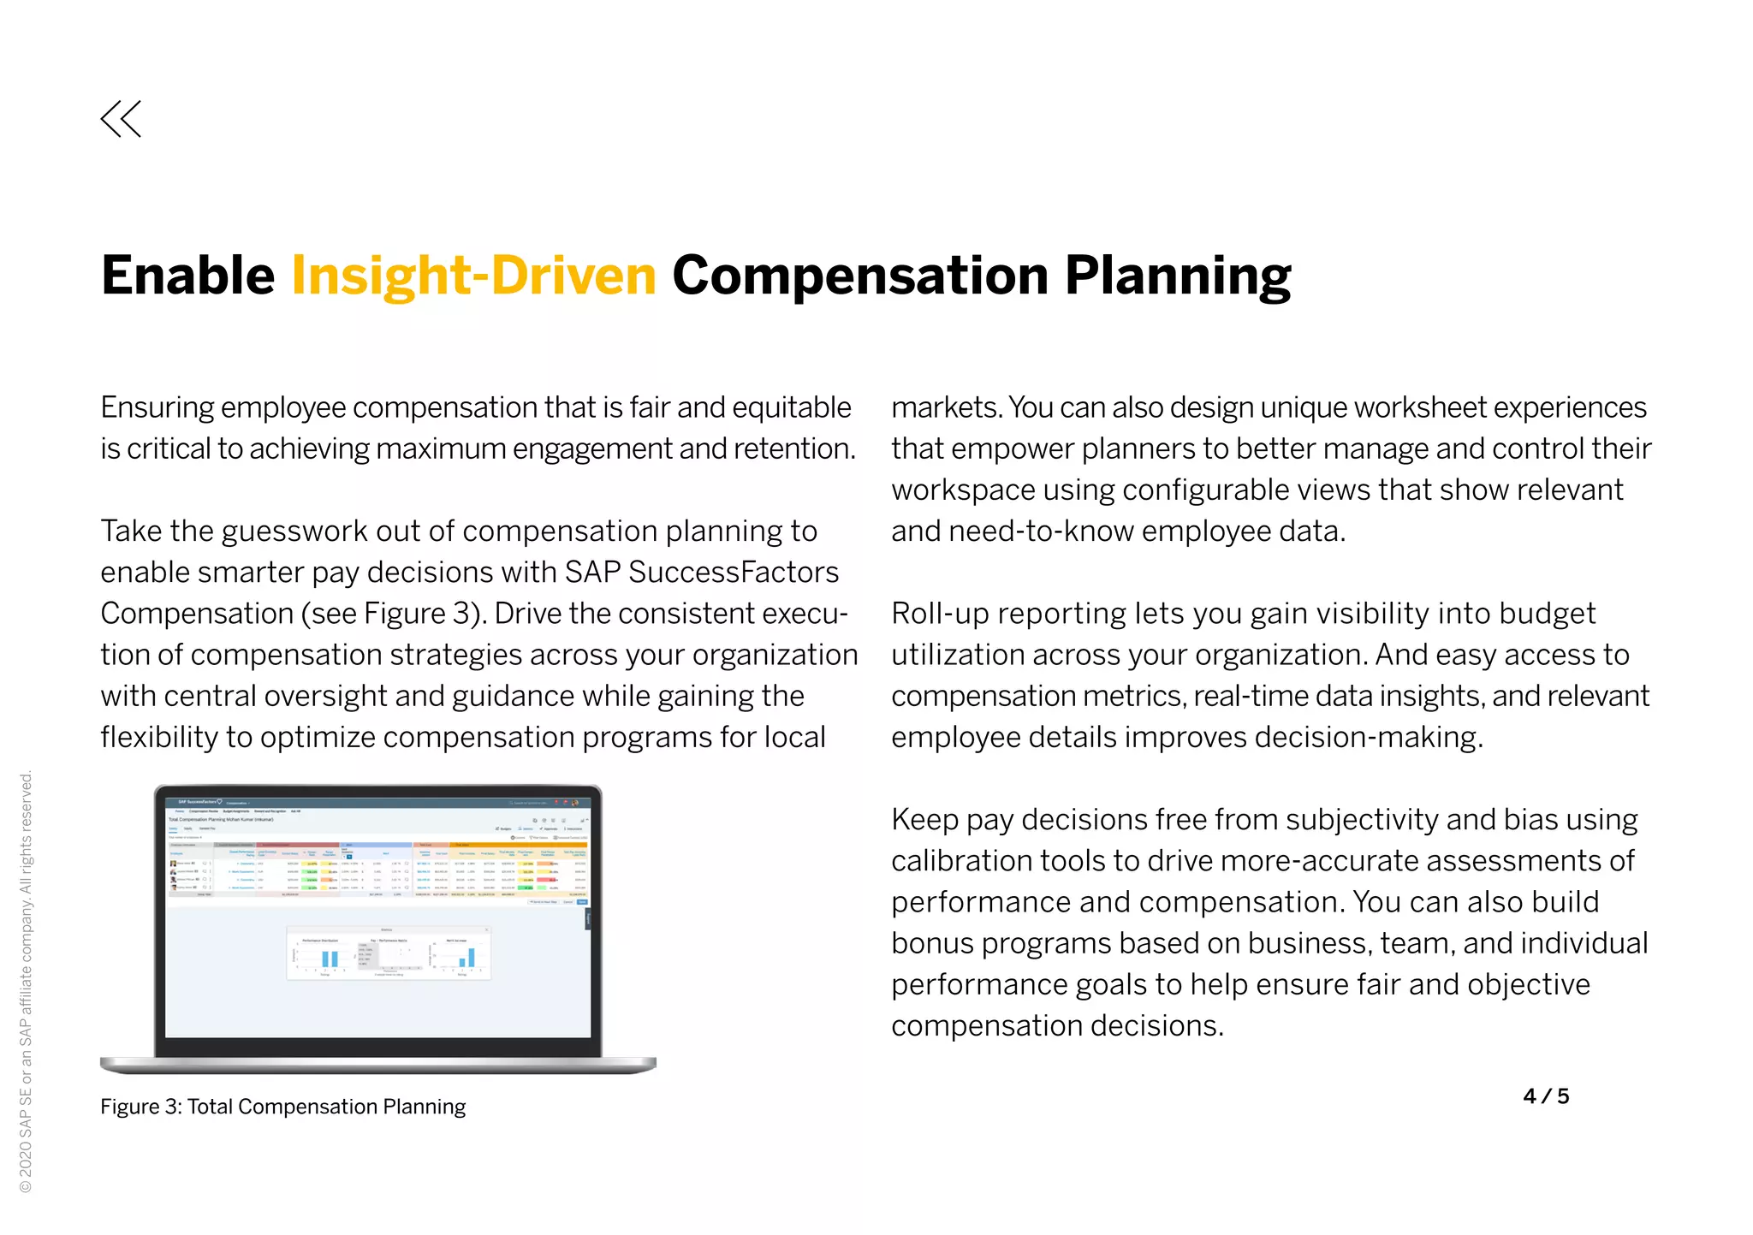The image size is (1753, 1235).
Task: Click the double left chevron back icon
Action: click(x=121, y=119)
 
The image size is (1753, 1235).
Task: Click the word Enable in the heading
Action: click(x=187, y=276)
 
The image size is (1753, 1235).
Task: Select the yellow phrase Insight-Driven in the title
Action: click(x=473, y=276)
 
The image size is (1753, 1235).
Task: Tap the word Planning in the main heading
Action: click(x=1177, y=276)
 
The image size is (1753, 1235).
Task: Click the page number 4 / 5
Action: click(x=1546, y=1096)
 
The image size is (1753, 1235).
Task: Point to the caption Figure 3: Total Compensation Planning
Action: click(x=282, y=1107)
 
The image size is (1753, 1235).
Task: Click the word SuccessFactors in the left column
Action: click(x=734, y=572)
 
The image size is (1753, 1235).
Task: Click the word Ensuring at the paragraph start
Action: click(x=157, y=407)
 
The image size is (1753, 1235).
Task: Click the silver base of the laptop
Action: click(x=377, y=1065)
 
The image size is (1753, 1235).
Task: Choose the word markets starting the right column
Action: click(x=944, y=407)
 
